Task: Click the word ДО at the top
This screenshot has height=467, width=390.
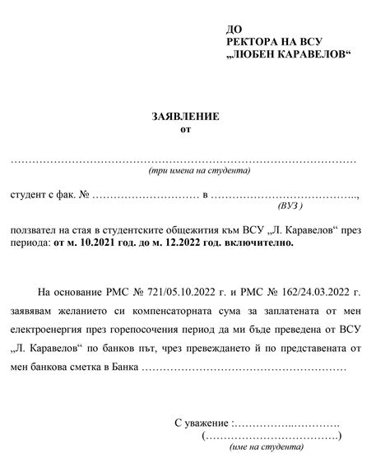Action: click(x=233, y=29)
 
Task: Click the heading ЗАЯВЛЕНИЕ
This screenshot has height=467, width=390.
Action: click(x=186, y=117)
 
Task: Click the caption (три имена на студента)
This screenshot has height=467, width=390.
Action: click(x=199, y=173)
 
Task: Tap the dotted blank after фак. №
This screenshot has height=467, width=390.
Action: click(x=143, y=198)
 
